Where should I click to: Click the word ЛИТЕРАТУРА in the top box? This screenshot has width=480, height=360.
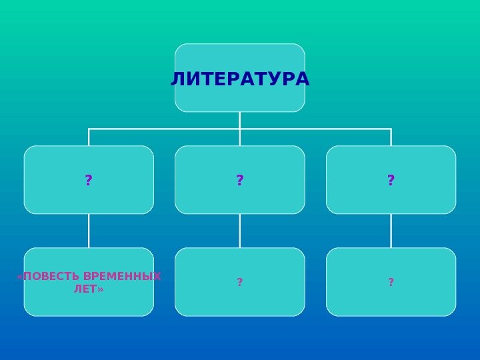[x=240, y=79]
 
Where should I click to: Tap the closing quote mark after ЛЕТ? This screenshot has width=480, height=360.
[x=101, y=290]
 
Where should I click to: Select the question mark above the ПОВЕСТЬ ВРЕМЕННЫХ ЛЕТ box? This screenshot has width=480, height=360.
[x=89, y=180]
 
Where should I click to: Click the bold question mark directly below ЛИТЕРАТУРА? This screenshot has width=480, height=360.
[x=240, y=180]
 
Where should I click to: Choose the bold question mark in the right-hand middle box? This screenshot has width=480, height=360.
[x=391, y=180]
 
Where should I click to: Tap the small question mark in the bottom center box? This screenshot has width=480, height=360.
[x=240, y=283]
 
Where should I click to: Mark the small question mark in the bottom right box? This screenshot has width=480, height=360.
[x=391, y=283]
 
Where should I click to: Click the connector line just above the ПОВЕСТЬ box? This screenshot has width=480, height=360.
[x=89, y=231]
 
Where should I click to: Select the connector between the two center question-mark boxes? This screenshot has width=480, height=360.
[x=240, y=231]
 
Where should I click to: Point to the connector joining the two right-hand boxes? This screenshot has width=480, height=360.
[x=391, y=231]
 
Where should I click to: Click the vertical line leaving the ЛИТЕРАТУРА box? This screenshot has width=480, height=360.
[x=240, y=120]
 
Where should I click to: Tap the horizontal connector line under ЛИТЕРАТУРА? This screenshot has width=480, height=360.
[x=167, y=129]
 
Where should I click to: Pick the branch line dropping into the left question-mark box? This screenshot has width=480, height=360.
[x=89, y=137]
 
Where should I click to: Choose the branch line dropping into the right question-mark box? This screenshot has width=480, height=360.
[x=391, y=137]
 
